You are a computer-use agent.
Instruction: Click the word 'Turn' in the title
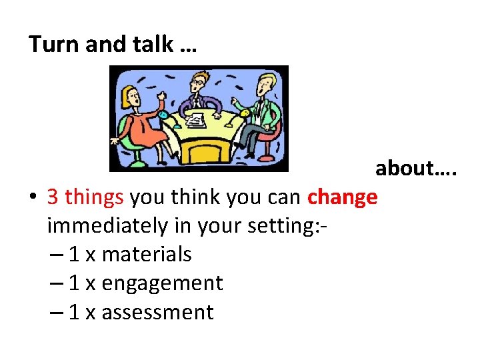[x=50, y=45]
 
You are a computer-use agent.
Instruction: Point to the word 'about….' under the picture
[x=415, y=168]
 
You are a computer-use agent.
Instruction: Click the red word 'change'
[x=342, y=197]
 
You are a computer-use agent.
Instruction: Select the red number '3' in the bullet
[x=53, y=197]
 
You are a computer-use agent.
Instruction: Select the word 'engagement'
[x=162, y=283]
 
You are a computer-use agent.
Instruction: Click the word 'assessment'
[x=157, y=312]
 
